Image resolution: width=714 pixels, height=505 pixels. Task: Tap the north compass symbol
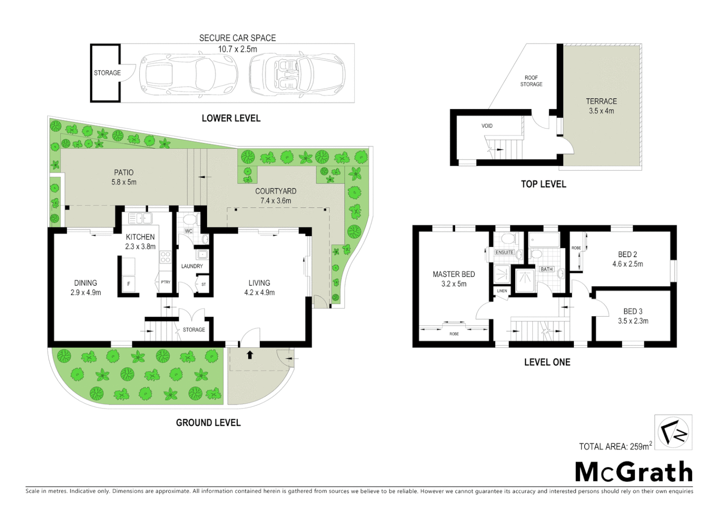point(673,432)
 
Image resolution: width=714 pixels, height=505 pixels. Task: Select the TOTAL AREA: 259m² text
point(615,446)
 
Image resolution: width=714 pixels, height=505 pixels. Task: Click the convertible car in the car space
point(297,74)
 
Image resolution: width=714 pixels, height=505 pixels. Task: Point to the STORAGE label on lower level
point(107,73)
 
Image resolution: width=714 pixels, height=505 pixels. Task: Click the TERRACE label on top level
point(601,101)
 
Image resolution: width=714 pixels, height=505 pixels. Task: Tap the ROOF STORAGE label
point(531,81)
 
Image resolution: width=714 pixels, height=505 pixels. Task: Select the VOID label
point(487,126)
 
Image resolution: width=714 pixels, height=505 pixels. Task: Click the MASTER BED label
point(453,274)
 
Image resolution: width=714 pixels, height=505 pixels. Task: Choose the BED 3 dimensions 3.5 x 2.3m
point(633,321)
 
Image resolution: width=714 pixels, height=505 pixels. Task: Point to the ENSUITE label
point(504,252)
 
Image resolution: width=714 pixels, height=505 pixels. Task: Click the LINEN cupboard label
point(502,291)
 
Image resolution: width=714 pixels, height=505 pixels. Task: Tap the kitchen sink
point(139,218)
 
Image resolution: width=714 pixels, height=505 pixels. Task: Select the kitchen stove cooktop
point(165,256)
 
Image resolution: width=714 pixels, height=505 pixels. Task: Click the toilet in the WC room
point(189,219)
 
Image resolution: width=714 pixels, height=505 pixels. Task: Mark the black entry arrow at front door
point(250,355)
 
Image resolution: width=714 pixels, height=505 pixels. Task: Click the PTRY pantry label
point(165,282)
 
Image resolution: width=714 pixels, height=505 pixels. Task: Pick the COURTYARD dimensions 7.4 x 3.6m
point(276,201)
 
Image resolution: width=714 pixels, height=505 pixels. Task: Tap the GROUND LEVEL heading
point(208,423)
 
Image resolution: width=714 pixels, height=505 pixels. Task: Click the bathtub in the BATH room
point(544,240)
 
